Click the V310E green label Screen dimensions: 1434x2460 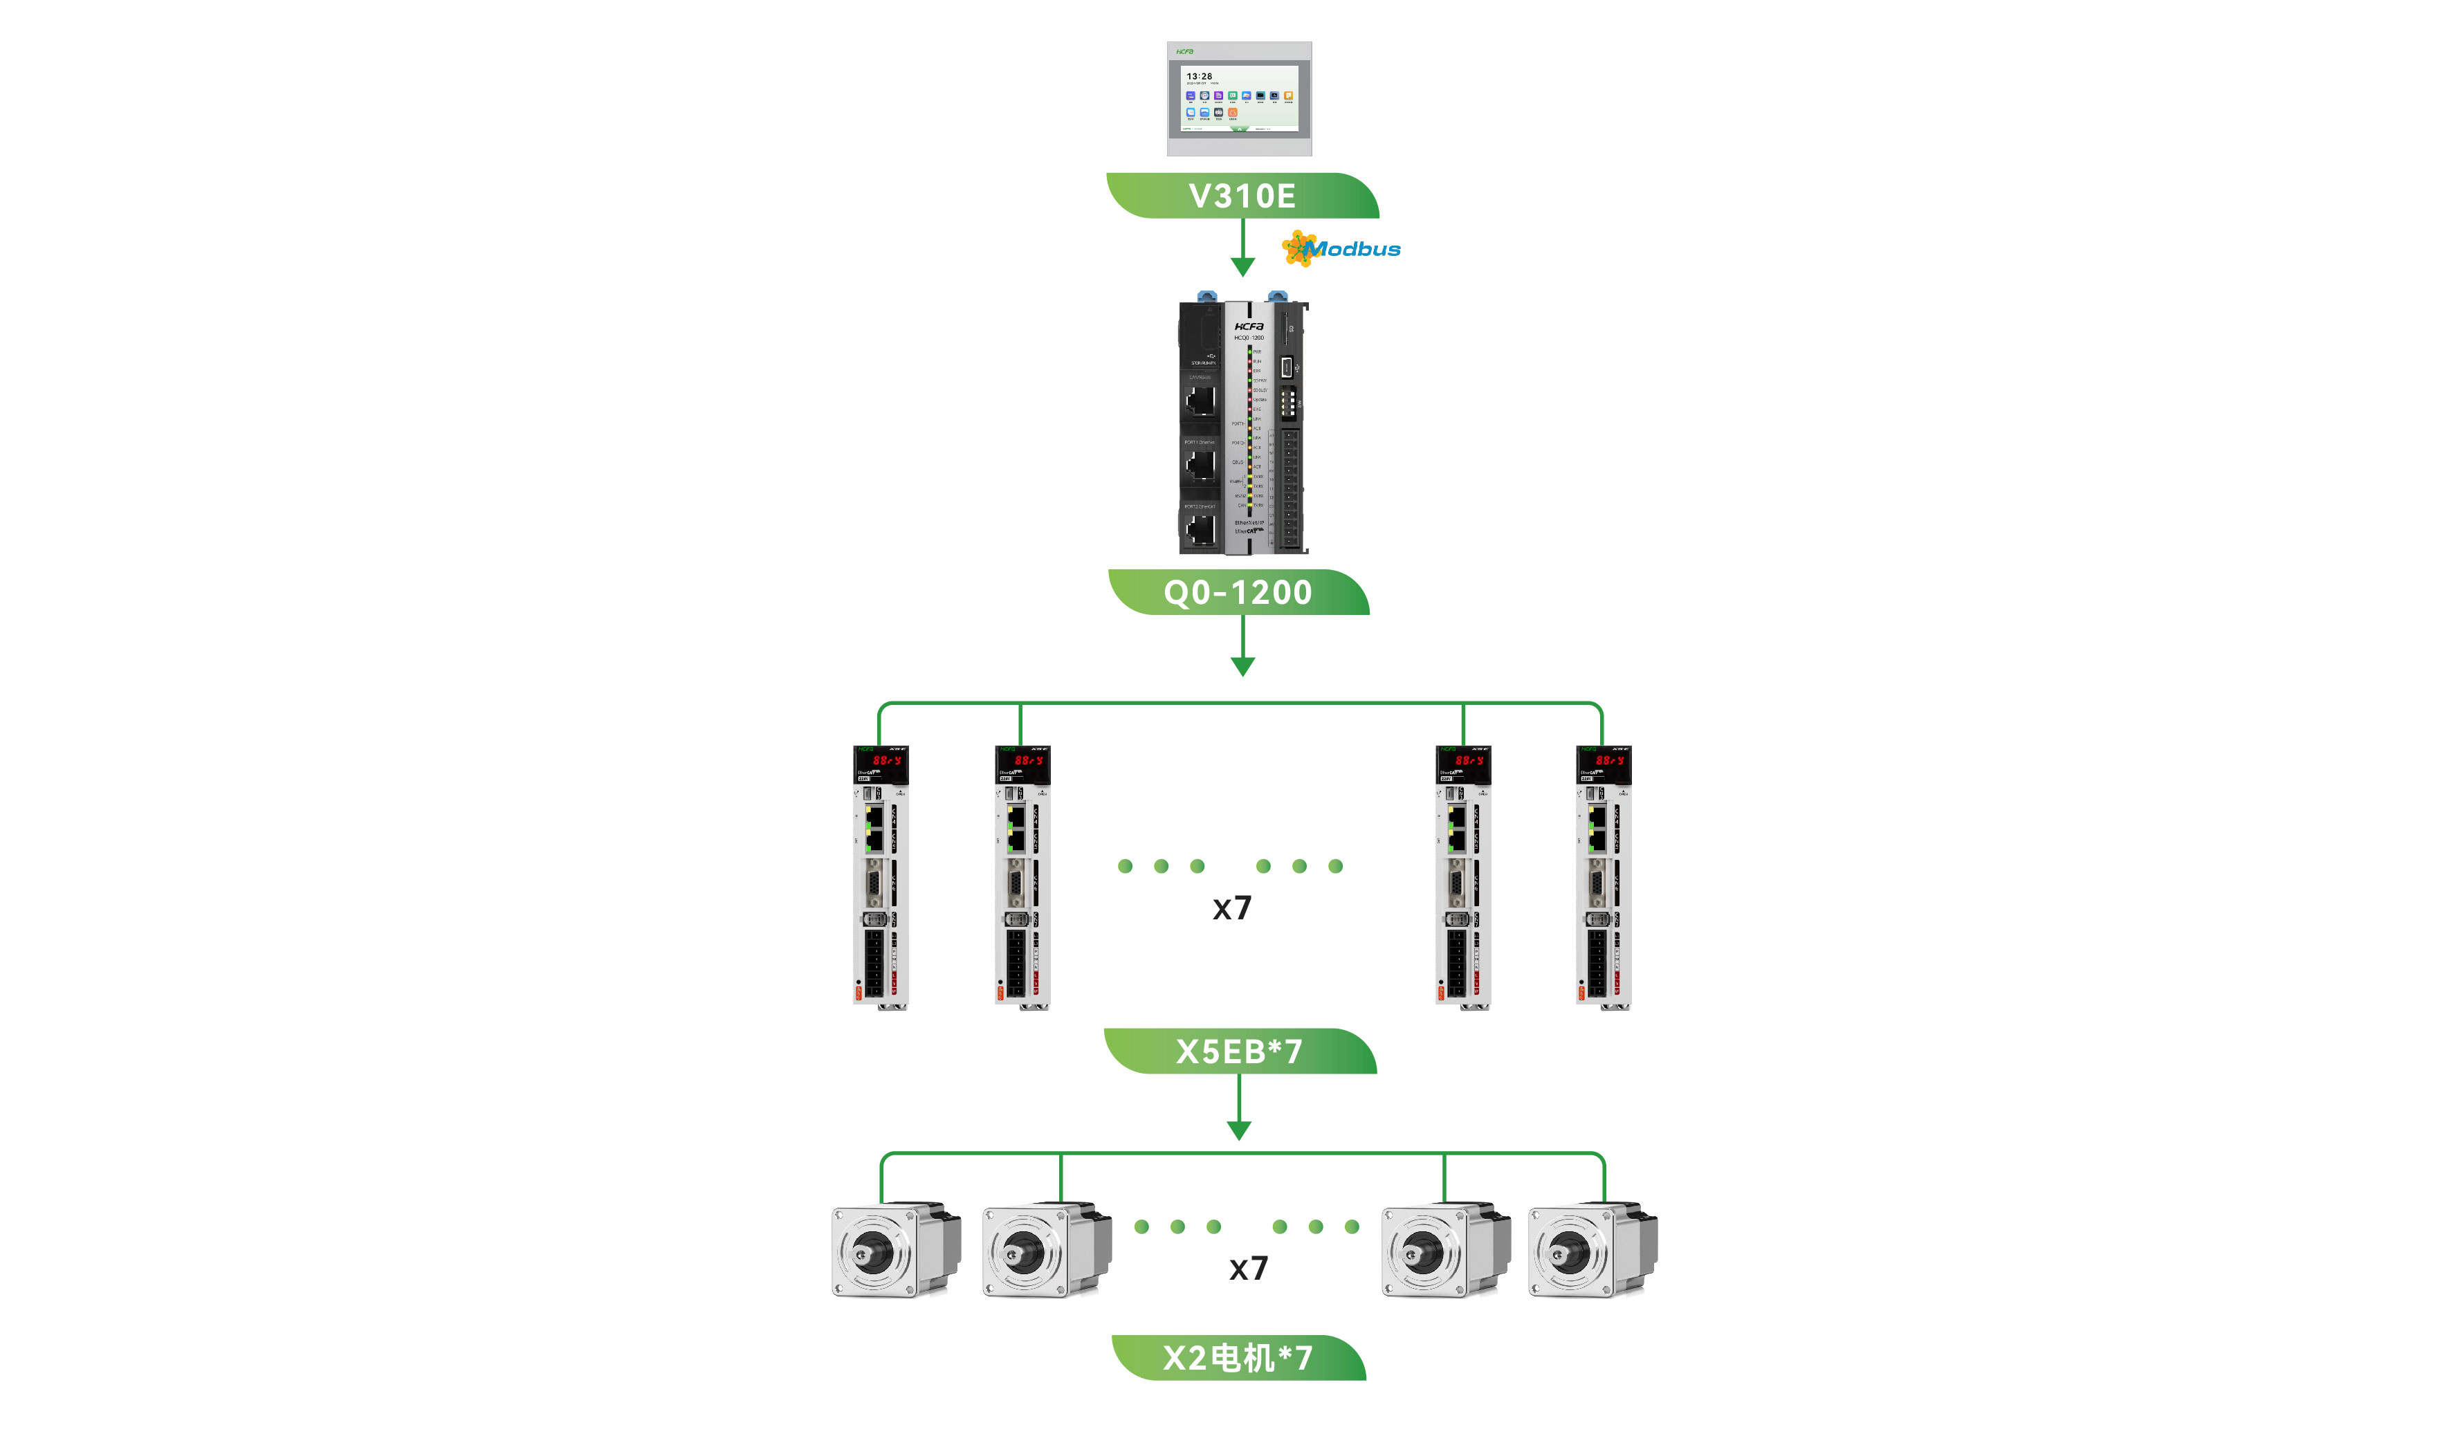pos(1242,196)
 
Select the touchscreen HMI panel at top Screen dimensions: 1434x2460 pos(1239,99)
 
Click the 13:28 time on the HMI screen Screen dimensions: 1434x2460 pos(1199,76)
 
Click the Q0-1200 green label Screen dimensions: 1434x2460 pos(1238,593)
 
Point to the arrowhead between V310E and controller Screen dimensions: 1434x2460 pos(1242,266)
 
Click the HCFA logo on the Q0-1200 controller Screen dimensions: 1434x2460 pos(1249,326)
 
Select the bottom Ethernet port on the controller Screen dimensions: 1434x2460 pos(1201,528)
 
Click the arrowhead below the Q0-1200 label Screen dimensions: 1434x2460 pos(1242,667)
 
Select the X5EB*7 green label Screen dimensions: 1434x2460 pos(1239,1051)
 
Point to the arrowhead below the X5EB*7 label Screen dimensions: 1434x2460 pos(1239,1130)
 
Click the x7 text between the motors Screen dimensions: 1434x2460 pos(1247,1268)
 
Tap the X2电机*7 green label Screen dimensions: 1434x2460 pos(1238,1358)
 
